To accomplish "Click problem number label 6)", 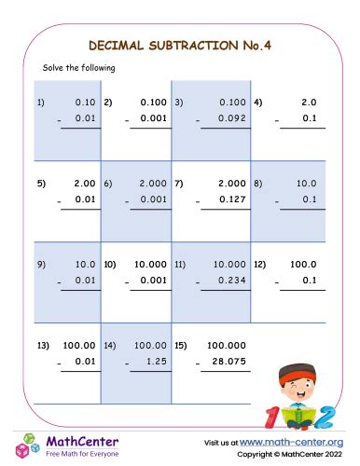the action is [x=108, y=184].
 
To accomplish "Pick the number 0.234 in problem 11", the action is [x=229, y=281].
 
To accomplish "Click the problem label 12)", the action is [x=260, y=264].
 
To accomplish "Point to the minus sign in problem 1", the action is [x=58, y=120].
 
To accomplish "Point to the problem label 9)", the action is [x=41, y=264].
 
